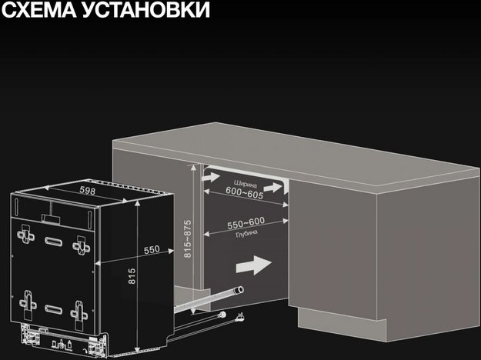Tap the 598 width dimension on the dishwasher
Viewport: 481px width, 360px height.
pos(87,192)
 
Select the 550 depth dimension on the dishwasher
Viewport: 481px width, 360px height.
pos(152,249)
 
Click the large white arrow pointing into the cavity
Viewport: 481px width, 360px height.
pos(252,265)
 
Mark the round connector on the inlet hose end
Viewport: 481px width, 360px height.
pos(222,318)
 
